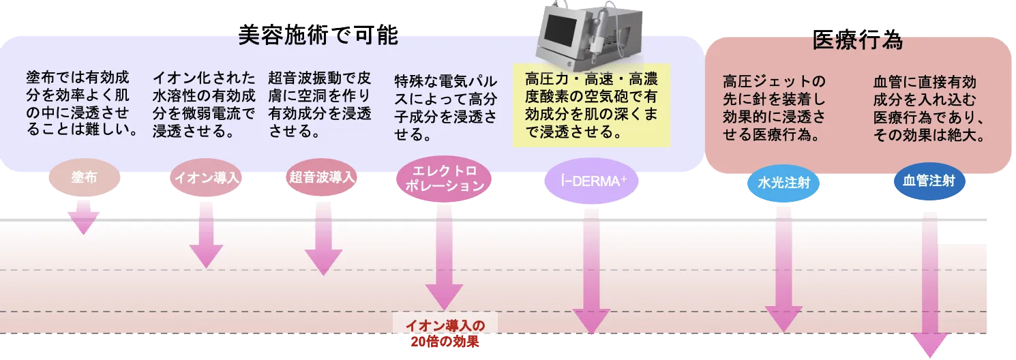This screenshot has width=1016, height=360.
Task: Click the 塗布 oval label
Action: [x=84, y=178]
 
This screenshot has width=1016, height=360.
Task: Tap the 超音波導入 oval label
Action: [x=323, y=178]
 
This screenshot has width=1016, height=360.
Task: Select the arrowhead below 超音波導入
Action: [x=323, y=262]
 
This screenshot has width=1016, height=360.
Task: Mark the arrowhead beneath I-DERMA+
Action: [x=591, y=321]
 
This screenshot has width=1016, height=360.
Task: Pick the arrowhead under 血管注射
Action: [x=930, y=346]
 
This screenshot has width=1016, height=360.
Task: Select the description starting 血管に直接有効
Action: [x=929, y=108]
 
